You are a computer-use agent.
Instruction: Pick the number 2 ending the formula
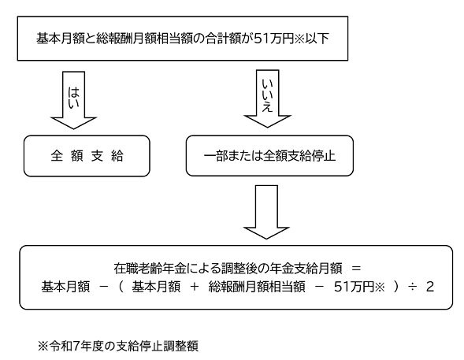tap(429, 284)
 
